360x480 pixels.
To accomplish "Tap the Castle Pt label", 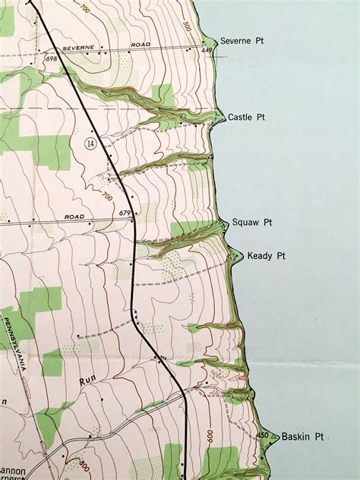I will click(246, 117).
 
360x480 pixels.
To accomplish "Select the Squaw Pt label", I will click(252, 223).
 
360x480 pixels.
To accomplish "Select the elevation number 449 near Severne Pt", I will click(205, 51).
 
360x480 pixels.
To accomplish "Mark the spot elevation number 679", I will click(125, 213).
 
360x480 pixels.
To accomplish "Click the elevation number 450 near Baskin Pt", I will click(263, 436).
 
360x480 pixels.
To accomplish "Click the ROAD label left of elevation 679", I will click(74, 216).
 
